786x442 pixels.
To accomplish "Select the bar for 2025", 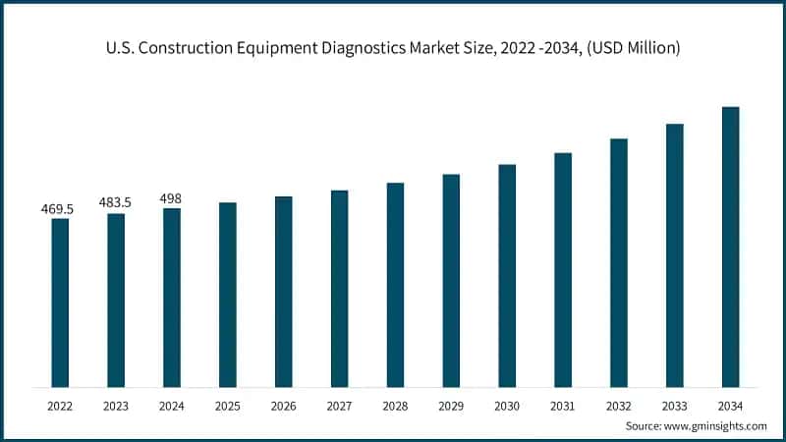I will [x=227, y=295].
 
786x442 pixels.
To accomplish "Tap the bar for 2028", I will [x=395, y=285].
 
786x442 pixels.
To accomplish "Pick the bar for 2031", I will [x=563, y=270].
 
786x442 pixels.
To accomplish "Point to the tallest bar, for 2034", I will [x=730, y=247].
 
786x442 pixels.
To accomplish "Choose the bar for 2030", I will [x=507, y=276].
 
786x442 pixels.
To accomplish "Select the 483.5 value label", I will [x=116, y=202].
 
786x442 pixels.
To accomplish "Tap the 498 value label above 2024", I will [x=171, y=198].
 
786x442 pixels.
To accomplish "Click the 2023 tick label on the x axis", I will [x=116, y=404].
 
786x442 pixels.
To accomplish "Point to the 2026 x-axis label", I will [x=283, y=404].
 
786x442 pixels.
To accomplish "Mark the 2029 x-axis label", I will [x=451, y=404].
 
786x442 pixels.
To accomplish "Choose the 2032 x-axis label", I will [x=618, y=404].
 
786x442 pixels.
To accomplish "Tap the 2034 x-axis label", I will [x=730, y=404].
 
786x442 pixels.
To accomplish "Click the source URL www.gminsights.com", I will [x=716, y=425].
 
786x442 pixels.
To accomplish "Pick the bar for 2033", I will [x=674, y=255].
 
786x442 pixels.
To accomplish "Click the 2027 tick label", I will [x=339, y=404].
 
